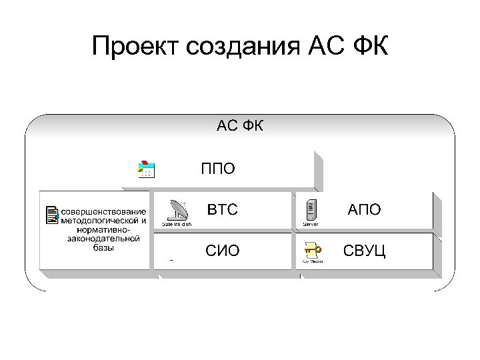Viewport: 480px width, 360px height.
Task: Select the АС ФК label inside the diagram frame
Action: point(240,125)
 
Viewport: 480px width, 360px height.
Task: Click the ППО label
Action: point(219,167)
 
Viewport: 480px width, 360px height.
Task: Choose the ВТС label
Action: point(222,210)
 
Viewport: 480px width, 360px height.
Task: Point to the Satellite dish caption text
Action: point(177,225)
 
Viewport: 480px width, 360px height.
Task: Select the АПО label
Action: point(364,210)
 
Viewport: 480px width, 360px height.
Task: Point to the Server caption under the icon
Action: point(311,225)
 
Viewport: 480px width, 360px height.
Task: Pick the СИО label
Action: point(222,251)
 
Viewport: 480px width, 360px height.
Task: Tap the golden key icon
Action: point(312,250)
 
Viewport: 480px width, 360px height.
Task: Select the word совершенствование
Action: point(103,211)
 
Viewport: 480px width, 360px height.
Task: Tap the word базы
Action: point(103,248)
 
